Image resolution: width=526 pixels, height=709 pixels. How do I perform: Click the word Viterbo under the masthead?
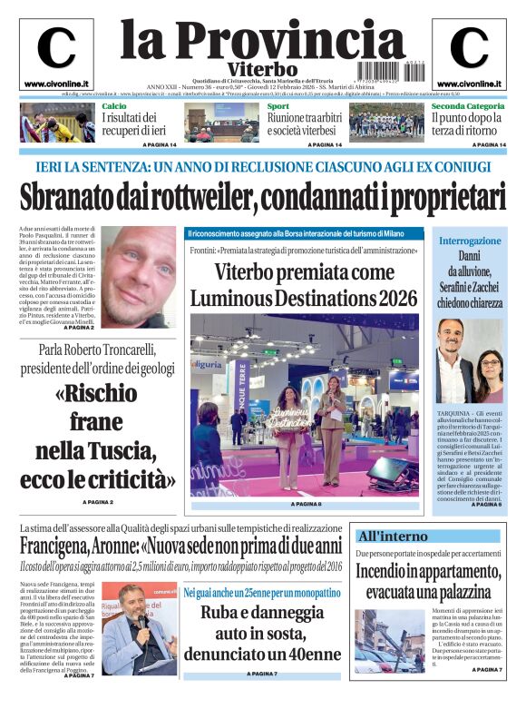pos(262,70)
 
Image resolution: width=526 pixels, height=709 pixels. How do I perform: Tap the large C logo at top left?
pos(55,49)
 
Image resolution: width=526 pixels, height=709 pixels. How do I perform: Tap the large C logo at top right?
pos(469,49)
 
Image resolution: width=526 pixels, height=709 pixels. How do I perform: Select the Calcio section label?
pos(114,106)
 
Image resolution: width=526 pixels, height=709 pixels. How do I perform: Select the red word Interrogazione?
pos(470,241)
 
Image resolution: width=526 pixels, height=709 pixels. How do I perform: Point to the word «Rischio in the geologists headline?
pos(97,393)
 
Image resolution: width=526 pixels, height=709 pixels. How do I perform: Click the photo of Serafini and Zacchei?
pos(470,361)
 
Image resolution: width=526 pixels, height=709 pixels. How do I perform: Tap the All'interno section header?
pos(393,537)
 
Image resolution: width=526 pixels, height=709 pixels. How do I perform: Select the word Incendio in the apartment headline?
pos(388,571)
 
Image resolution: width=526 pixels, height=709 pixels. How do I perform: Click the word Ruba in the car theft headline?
pos(222,612)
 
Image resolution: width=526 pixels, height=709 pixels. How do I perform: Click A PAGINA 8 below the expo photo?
pos(305,504)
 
